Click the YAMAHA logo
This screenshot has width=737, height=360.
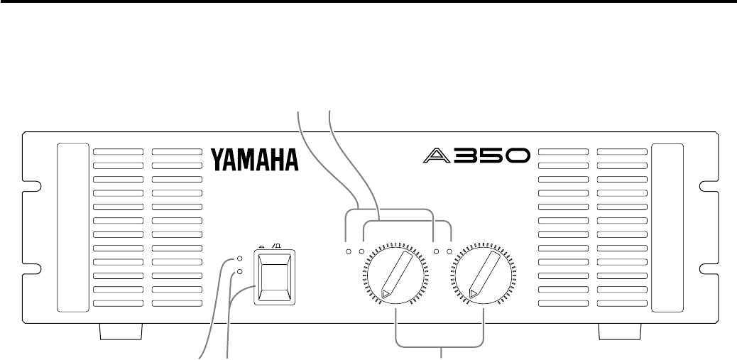point(254,160)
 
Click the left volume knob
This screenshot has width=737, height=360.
point(395,274)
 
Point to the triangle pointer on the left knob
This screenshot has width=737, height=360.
point(386,292)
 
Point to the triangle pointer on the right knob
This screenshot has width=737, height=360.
point(474,292)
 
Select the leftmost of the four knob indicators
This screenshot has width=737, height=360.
point(348,251)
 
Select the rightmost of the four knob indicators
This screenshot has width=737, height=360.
point(449,251)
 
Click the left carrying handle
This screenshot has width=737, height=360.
point(69,228)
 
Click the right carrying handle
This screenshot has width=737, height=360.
point(667,228)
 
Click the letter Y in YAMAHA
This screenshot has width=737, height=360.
point(218,160)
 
